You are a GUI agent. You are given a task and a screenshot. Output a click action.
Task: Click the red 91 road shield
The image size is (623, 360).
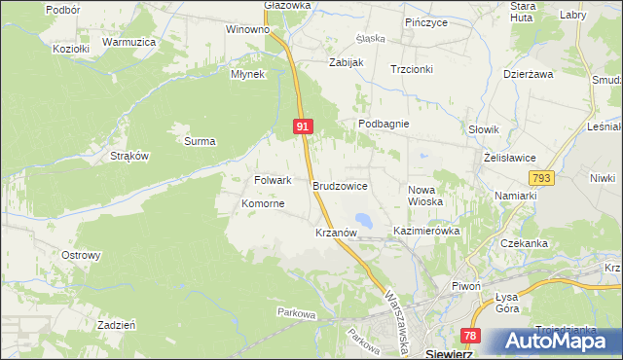click(303, 127)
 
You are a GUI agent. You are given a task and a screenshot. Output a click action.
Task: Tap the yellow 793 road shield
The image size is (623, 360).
click(543, 178)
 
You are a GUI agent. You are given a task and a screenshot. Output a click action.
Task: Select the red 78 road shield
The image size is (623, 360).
click(470, 336)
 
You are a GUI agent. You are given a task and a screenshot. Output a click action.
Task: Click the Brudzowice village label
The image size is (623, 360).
click(340, 184)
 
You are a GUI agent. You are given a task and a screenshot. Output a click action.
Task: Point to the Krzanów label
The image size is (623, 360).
click(339, 234)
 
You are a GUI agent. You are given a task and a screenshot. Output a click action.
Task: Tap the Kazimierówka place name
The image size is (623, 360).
click(425, 232)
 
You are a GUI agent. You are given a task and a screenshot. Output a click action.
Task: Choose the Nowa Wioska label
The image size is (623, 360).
click(425, 196)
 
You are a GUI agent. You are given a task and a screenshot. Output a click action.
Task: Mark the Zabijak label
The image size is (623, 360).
click(346, 62)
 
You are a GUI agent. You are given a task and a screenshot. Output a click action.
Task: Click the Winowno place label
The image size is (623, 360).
click(247, 29)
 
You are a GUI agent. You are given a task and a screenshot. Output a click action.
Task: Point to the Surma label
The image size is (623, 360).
click(200, 141)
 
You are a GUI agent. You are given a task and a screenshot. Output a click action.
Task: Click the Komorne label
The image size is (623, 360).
click(263, 204)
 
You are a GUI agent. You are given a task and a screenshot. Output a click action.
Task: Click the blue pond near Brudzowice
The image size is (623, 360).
click(362, 220)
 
